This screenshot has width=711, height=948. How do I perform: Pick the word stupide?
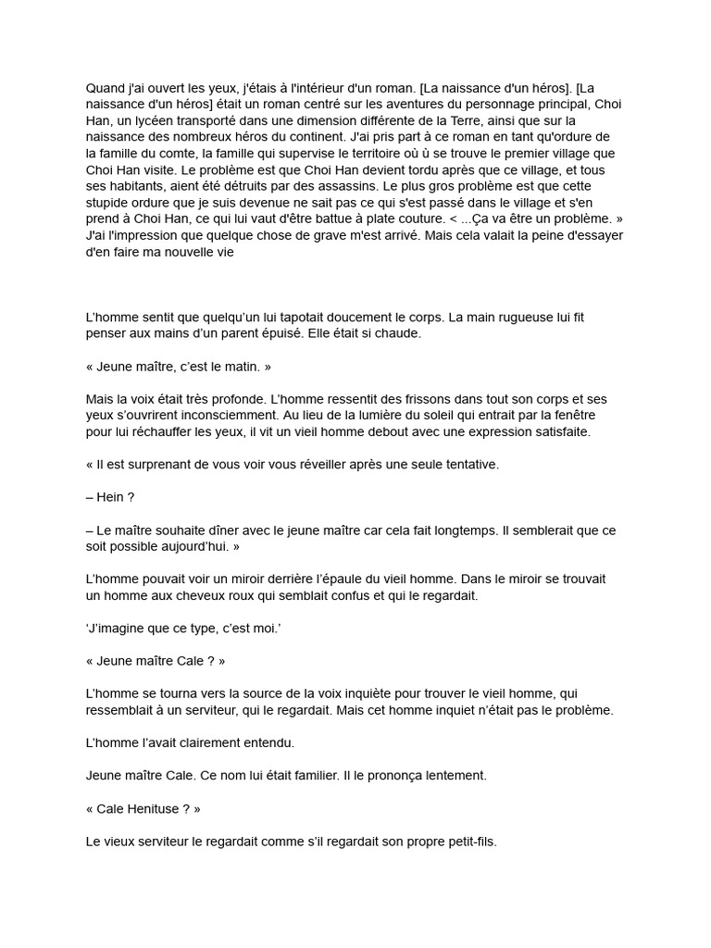point(109,204)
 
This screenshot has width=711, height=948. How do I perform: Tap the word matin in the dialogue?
point(241,367)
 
